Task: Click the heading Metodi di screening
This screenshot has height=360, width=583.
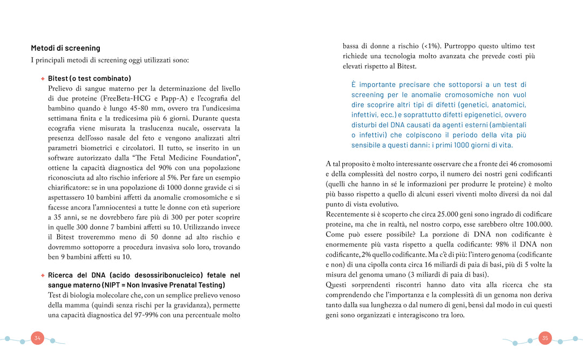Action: [x=65, y=48]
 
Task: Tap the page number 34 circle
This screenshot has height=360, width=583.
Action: [x=37, y=338]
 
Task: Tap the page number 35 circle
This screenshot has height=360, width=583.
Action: [x=545, y=338]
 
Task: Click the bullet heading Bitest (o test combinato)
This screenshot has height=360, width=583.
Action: [x=90, y=78]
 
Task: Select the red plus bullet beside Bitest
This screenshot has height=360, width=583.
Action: [x=43, y=78]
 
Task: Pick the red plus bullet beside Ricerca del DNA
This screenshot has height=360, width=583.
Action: [x=43, y=275]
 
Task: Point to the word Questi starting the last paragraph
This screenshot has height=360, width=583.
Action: [x=336, y=284]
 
